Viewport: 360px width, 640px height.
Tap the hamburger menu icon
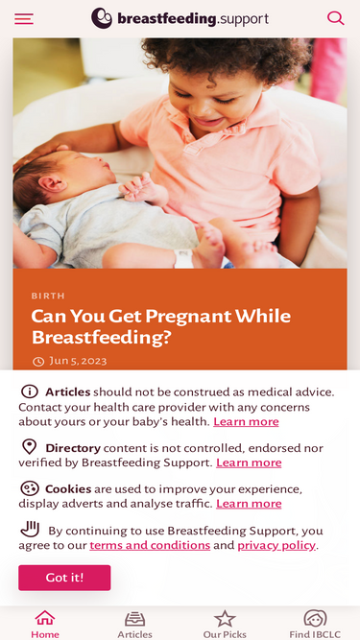click(24, 18)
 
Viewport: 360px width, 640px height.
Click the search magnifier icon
click(335, 18)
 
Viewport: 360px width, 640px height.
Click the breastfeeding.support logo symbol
click(102, 18)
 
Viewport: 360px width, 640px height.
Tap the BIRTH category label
click(48, 296)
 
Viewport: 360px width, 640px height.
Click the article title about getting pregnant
click(160, 326)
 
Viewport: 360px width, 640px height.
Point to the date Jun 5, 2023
click(78, 361)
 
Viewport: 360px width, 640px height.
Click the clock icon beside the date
click(38, 362)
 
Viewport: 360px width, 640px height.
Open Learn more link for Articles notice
click(246, 421)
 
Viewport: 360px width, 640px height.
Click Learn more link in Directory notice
click(249, 462)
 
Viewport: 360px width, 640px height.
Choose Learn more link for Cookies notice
click(249, 504)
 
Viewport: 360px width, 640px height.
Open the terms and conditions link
click(150, 545)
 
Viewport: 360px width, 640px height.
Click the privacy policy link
click(276, 545)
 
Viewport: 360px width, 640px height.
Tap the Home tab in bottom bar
click(45, 623)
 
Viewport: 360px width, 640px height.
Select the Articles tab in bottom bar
click(134, 623)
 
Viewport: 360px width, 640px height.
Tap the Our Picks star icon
click(225, 619)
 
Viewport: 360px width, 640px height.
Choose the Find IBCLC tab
click(315, 623)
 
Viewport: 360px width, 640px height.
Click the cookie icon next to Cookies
click(30, 488)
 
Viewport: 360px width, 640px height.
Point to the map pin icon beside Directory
click(30, 447)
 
